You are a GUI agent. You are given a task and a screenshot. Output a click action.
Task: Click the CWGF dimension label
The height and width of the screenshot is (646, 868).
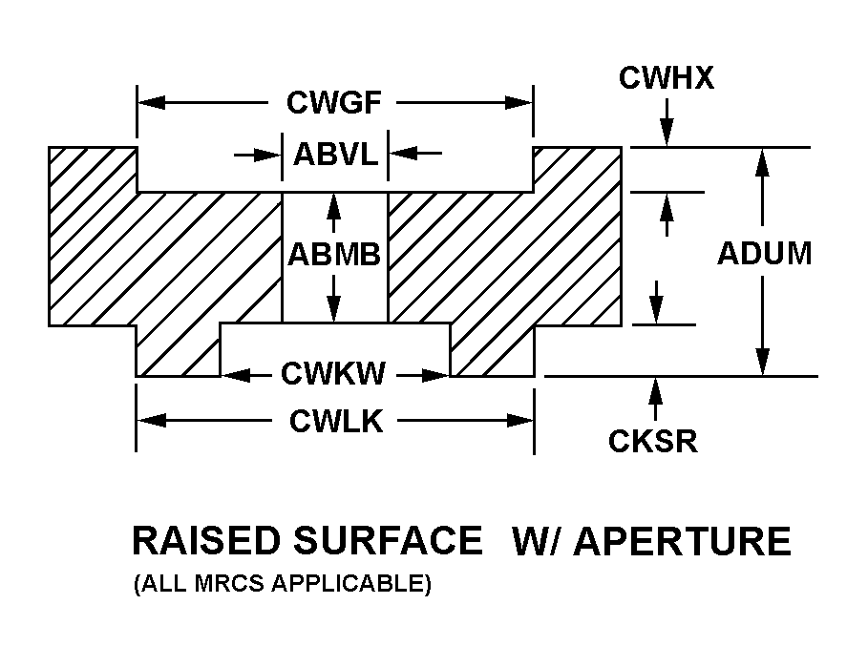coord(333,102)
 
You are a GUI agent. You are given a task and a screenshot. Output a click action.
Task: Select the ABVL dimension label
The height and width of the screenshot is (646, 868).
coord(335,153)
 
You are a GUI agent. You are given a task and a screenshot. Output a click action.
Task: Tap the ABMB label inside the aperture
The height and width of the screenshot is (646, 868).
coord(334,254)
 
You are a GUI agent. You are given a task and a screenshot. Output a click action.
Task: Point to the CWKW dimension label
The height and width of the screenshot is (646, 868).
coord(333,374)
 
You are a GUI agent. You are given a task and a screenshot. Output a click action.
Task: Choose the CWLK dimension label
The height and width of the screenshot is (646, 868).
coord(336,421)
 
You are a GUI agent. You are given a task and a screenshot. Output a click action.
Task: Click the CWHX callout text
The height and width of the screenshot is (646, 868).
coord(666,78)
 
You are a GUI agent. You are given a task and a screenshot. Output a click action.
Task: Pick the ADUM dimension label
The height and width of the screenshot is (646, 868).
coord(764,254)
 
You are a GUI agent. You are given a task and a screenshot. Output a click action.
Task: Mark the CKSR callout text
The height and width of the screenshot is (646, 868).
coord(653,441)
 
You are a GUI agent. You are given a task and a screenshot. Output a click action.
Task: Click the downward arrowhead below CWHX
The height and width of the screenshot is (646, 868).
coord(667,136)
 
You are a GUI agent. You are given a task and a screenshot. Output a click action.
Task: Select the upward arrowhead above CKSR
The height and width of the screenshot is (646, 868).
coord(654,387)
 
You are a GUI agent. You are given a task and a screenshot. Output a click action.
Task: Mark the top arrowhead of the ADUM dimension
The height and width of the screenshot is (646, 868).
coord(762,159)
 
